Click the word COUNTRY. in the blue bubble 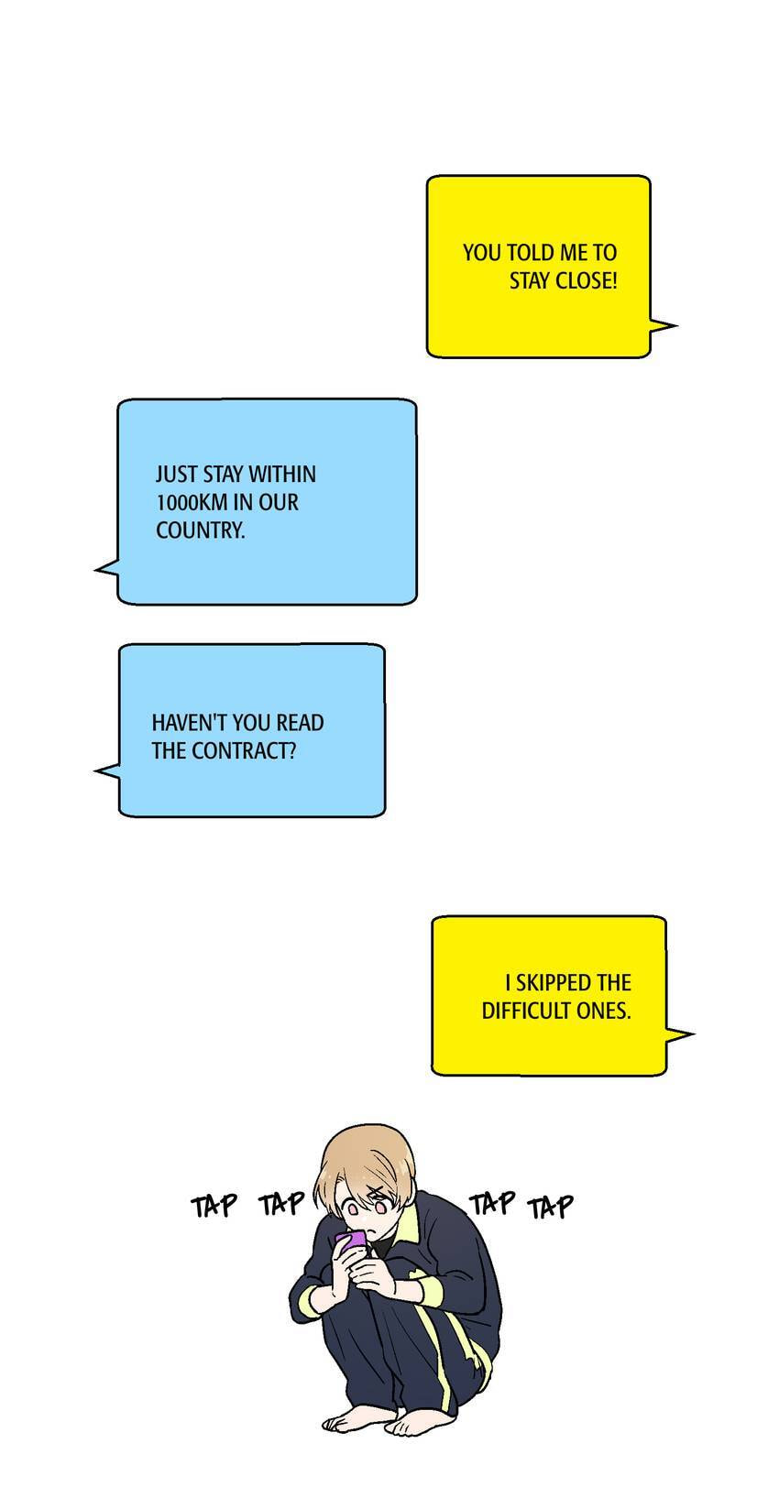click(200, 530)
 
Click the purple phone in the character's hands click(351, 1241)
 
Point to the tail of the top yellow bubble click(664, 326)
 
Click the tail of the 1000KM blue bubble click(107, 569)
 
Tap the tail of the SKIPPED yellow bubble click(679, 1034)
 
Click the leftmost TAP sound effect click(214, 1206)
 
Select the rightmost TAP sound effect click(551, 1208)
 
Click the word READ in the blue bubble click(300, 723)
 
